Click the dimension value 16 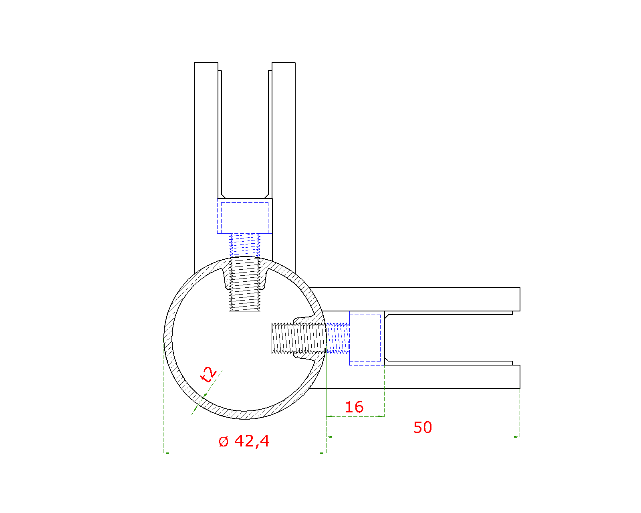(x=354, y=407)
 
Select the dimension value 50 (x=422, y=428)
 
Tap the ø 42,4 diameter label (x=244, y=441)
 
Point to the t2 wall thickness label (x=208, y=375)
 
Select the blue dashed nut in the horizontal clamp (x=367, y=338)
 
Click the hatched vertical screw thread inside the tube (x=244, y=285)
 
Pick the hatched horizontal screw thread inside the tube (x=299, y=338)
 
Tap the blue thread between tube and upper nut (x=244, y=245)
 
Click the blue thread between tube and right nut (x=338, y=338)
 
